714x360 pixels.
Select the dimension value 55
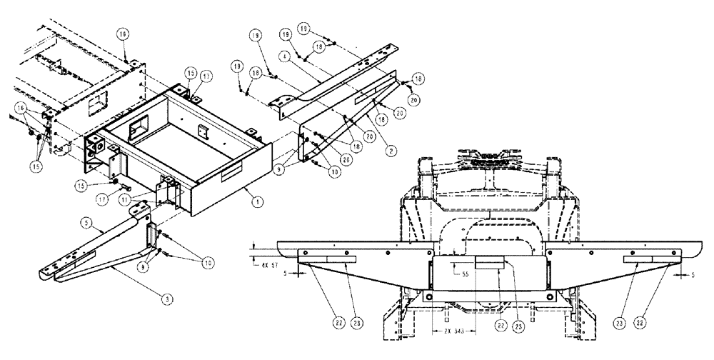[x=465, y=274]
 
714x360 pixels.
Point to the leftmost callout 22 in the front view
[x=340, y=322]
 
